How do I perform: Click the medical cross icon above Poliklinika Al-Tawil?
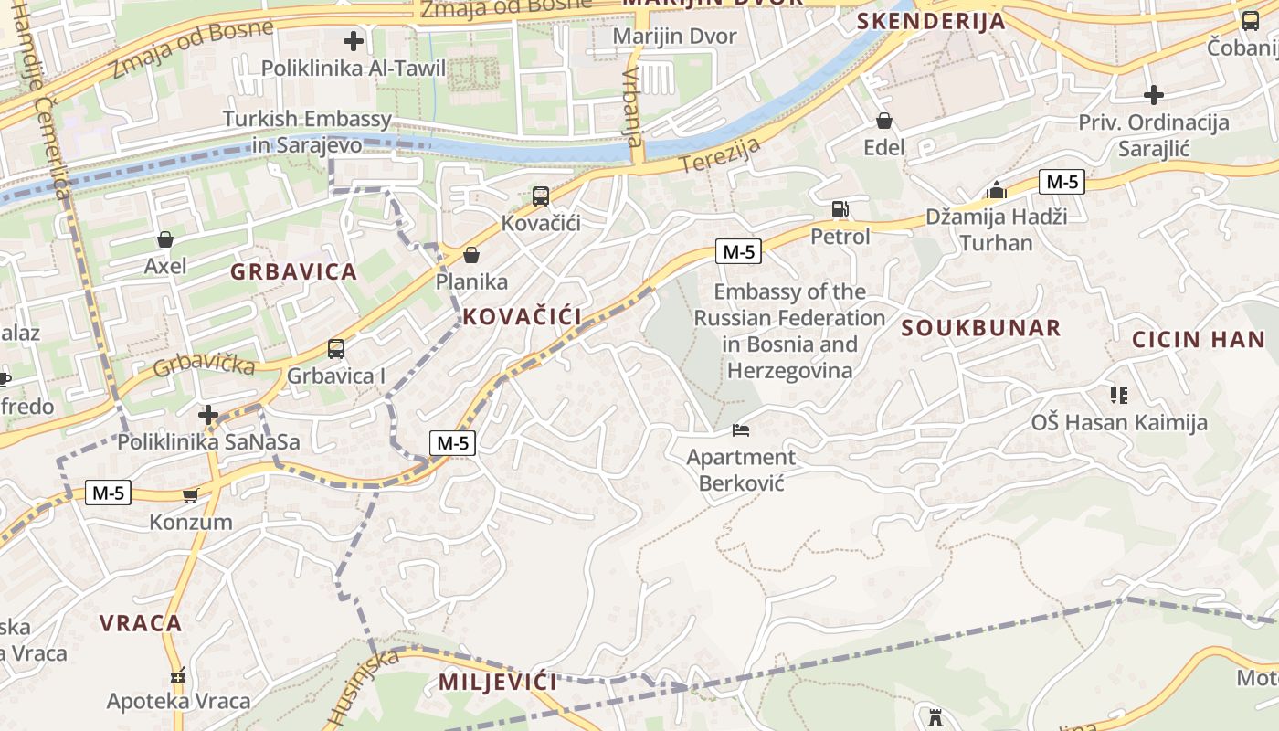354,41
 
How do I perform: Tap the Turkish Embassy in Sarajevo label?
307,132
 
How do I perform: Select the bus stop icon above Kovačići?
541,196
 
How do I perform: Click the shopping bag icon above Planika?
471,255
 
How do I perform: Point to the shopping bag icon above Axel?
165,240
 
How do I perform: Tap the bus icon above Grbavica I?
336,349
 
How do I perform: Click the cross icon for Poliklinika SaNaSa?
208,416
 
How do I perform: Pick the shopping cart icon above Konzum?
190,495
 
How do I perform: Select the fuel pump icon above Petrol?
840,209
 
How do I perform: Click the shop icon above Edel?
883,121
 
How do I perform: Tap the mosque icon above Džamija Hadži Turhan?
997,190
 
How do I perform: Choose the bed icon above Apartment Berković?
740,429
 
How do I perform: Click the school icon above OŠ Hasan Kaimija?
1119,396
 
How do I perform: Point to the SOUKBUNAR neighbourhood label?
981,328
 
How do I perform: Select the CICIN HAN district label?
1199,340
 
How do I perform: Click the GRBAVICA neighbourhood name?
293,271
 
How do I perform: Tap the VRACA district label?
141,623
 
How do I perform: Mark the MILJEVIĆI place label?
498,682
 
